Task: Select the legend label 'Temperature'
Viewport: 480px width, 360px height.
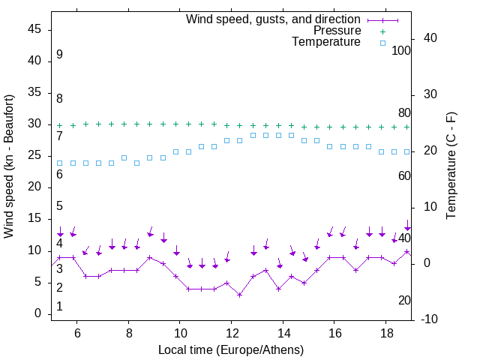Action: click(x=326, y=42)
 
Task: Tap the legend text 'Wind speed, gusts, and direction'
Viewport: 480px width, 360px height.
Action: click(x=273, y=19)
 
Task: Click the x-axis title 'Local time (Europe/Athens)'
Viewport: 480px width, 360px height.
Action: click(x=231, y=350)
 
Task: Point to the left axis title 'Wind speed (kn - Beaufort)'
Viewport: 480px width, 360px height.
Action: click(x=9, y=166)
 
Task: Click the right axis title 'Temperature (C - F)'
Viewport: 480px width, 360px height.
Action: click(x=451, y=166)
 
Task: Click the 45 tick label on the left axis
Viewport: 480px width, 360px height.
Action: click(x=35, y=29)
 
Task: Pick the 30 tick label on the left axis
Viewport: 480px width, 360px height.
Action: click(x=35, y=124)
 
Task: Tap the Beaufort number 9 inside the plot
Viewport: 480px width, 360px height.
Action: click(x=59, y=55)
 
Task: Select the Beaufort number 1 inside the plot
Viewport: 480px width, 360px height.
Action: click(x=59, y=306)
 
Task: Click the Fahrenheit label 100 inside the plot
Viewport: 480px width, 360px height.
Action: click(x=401, y=51)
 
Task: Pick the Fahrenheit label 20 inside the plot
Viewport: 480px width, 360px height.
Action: click(x=404, y=300)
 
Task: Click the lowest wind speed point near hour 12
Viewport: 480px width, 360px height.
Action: click(x=239, y=295)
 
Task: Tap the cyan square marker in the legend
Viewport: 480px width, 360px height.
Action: click(x=382, y=43)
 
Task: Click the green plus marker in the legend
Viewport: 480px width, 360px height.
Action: click(x=382, y=31)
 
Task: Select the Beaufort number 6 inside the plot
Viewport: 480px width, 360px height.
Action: click(x=59, y=174)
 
